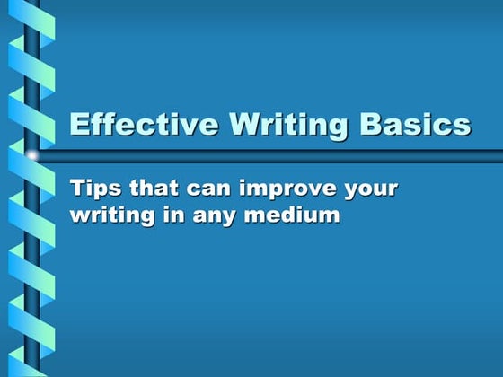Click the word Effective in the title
pyautogui.click(x=134, y=124)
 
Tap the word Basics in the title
pyautogui.click(x=415, y=124)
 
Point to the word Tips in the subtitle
pyautogui.click(x=93, y=189)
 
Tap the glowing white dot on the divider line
pyautogui.click(x=33, y=156)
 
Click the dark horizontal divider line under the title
pyautogui.click(x=269, y=156)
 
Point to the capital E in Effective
pyautogui.click(x=79, y=124)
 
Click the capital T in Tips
pyautogui.click(x=77, y=189)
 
